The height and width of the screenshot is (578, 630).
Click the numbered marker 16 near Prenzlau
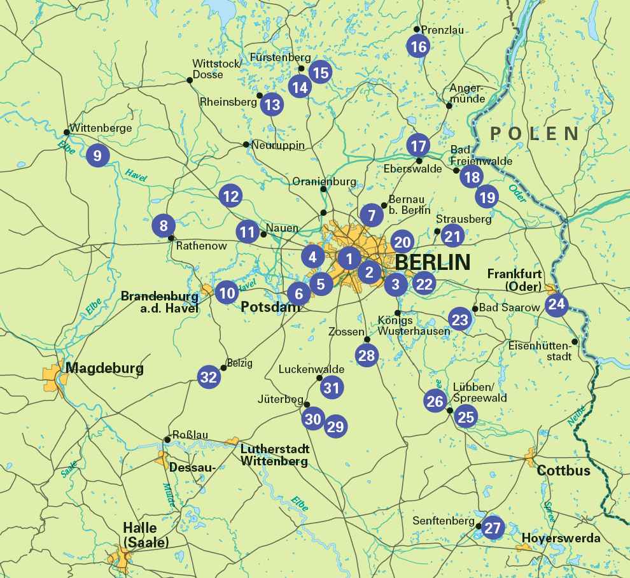pyautogui.click(x=418, y=46)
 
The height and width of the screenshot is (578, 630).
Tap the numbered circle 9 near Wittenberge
pyautogui.click(x=97, y=155)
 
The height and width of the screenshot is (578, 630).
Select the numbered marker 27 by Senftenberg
pyautogui.click(x=493, y=528)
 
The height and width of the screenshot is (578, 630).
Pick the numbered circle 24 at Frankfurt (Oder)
pyautogui.click(x=556, y=304)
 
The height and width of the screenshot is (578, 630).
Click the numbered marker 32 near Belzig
pyautogui.click(x=209, y=377)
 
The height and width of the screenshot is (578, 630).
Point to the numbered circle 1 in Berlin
pyautogui.click(x=349, y=258)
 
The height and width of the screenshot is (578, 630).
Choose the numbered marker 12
pyautogui.click(x=230, y=196)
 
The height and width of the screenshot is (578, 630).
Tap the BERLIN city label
pyautogui.click(x=433, y=262)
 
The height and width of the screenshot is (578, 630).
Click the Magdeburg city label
pyautogui.click(x=104, y=368)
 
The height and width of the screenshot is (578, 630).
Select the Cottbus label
pyautogui.click(x=564, y=471)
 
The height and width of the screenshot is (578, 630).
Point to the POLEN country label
pyautogui.click(x=535, y=133)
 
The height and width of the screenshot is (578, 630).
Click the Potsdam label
pyautogui.click(x=270, y=307)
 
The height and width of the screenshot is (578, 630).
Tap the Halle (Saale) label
pyautogui.click(x=146, y=535)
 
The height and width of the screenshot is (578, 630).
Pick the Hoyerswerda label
pyautogui.click(x=561, y=539)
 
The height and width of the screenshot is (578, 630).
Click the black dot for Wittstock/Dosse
pyautogui.click(x=189, y=80)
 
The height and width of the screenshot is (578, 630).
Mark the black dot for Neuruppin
pyautogui.click(x=246, y=144)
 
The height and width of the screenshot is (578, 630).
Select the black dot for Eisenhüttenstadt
pyautogui.click(x=575, y=341)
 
